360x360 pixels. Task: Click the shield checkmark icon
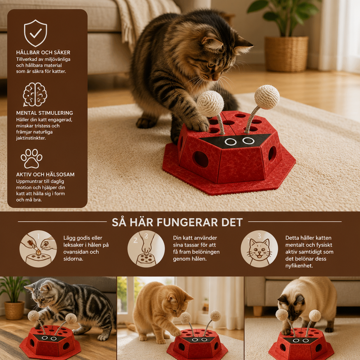click(36, 33)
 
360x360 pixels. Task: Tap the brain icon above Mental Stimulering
click(35, 95)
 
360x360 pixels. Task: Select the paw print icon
click(31, 159)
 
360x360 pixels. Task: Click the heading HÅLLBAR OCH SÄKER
click(43, 52)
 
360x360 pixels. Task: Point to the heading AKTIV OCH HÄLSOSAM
click(45, 174)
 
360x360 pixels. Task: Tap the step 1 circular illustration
click(38, 249)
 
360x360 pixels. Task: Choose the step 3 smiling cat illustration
click(259, 249)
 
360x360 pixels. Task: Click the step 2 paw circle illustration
click(146, 249)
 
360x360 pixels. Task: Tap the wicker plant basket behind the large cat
click(287, 54)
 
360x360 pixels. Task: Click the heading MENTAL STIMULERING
click(45, 113)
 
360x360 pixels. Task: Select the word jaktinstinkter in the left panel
click(31, 138)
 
